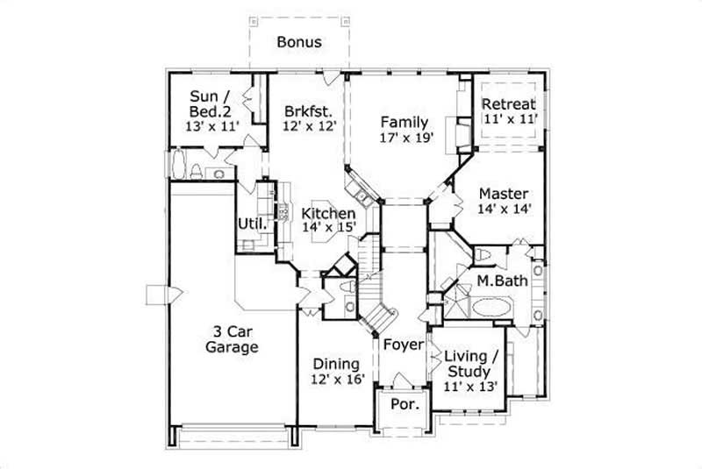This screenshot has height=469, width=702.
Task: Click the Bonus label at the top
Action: [299, 41]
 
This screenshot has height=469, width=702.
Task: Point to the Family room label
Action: [404, 122]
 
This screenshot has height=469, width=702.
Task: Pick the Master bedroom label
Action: [503, 194]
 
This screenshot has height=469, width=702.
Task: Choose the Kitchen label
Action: [328, 213]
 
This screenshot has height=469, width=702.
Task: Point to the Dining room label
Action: [336, 364]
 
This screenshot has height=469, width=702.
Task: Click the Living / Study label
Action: [470, 364]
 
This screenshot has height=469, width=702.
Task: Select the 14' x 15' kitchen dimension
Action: [328, 228]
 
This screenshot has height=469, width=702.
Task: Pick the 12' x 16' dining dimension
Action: [336, 380]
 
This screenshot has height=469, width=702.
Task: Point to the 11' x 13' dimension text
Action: [470, 386]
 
